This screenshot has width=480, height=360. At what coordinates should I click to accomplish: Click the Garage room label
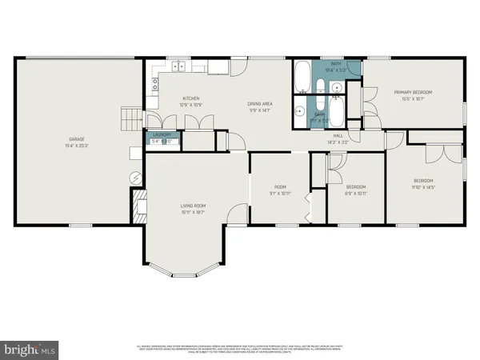click(78, 139)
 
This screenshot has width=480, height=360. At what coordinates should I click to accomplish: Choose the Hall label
click(338, 136)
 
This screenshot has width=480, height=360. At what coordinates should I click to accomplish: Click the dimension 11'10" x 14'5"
click(423, 187)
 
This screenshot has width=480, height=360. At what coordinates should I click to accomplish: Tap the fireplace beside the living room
click(138, 206)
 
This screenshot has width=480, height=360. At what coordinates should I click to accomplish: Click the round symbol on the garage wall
click(135, 176)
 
